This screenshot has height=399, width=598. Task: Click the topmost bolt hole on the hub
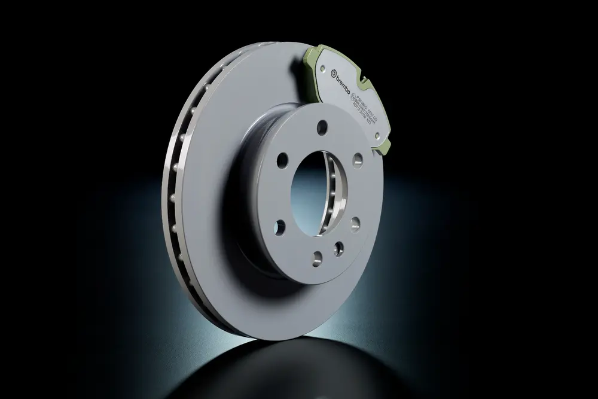click(322, 126)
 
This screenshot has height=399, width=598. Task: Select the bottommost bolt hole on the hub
click(317, 257)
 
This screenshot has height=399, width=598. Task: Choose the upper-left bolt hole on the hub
click(282, 162)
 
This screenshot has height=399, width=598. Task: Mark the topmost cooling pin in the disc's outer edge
click(207, 89)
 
